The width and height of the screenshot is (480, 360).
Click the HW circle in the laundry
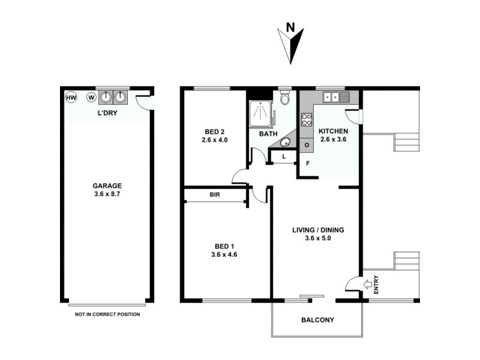pyautogui.click(x=71, y=97)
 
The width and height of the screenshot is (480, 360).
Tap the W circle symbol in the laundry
pyautogui.click(x=91, y=97)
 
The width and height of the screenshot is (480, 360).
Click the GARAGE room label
pyautogui.click(x=107, y=185)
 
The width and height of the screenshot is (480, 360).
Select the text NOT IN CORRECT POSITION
pyautogui.click(x=107, y=314)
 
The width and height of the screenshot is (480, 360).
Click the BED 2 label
pyautogui.click(x=215, y=131)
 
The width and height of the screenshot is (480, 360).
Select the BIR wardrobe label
pyautogui.click(x=214, y=195)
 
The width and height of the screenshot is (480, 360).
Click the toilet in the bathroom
pyautogui.click(x=285, y=97)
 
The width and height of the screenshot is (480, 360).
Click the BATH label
pyautogui.click(x=268, y=134)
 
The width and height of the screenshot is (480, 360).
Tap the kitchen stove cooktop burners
pyautogui.click(x=305, y=119)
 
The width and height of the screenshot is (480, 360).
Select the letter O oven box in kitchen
pyautogui.click(x=307, y=145)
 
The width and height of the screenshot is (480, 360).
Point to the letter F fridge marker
pyautogui.click(x=308, y=163)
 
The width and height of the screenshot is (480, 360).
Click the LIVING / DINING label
pyautogui.click(x=317, y=230)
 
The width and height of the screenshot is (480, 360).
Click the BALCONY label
pyautogui.click(x=317, y=320)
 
